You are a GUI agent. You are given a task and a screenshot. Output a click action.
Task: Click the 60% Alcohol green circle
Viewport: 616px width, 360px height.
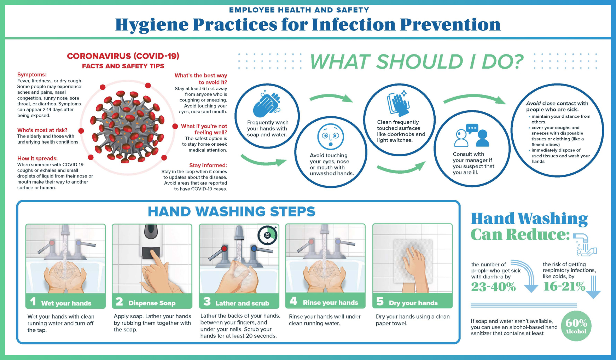click(576, 326)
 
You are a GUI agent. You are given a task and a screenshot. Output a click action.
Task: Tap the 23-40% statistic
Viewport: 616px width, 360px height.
click(493, 286)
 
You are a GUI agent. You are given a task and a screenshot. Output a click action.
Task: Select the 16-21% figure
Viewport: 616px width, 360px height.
click(564, 286)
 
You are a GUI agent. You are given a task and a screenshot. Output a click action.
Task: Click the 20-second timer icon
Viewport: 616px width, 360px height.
click(267, 235)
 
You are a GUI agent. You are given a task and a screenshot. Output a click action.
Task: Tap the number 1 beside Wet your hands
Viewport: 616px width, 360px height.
click(33, 301)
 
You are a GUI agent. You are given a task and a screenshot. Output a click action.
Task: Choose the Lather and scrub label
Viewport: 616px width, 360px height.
click(242, 303)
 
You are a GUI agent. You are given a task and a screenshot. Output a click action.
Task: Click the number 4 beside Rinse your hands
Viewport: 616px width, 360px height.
click(294, 301)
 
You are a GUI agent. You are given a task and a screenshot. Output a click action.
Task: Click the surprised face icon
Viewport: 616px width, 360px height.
click(331, 137)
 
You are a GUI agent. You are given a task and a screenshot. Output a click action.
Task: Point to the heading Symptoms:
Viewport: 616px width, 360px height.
click(32, 75)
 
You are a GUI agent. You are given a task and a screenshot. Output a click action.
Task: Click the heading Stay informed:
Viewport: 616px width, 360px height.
click(208, 165)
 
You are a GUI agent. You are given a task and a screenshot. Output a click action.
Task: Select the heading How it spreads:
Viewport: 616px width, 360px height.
click(37, 158)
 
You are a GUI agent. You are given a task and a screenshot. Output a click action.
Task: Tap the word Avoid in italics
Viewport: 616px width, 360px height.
click(533, 104)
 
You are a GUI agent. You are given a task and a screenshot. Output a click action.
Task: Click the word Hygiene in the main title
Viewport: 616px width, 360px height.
click(152, 25)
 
